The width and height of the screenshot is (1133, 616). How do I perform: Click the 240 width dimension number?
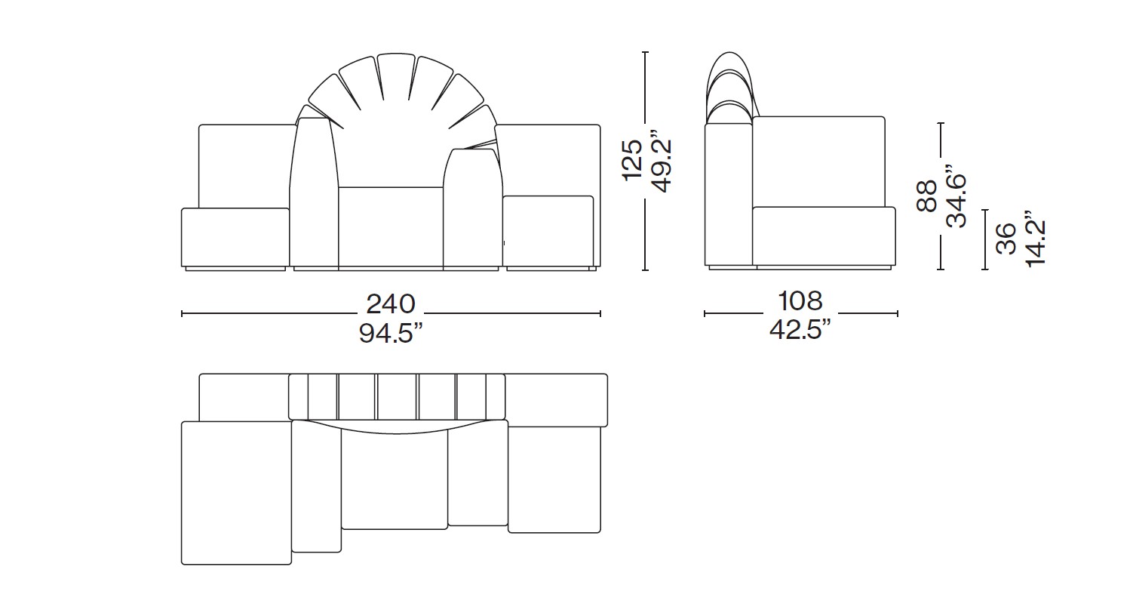(391, 303)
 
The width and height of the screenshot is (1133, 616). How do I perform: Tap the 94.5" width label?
(391, 333)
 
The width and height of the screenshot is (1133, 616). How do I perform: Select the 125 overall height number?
(631, 161)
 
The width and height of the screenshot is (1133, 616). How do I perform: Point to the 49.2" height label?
(661, 161)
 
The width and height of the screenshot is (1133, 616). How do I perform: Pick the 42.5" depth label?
(800, 329)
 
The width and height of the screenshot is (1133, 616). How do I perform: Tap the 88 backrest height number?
(926, 196)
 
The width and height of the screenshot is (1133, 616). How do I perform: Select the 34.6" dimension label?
(956, 196)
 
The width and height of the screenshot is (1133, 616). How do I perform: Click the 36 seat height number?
(1006, 239)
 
